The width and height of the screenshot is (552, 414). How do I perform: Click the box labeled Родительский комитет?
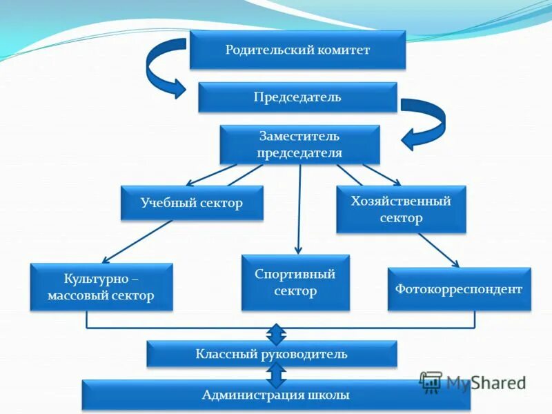297,50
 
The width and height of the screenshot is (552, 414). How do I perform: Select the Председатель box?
297,97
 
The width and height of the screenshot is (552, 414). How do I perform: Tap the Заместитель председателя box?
299,144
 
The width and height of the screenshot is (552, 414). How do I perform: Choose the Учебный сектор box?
192,203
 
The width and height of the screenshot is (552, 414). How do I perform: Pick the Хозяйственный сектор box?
401,209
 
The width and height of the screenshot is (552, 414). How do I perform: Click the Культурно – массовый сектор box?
101,287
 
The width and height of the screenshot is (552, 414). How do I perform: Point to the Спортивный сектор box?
295,282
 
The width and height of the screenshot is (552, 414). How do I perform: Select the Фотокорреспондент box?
459,288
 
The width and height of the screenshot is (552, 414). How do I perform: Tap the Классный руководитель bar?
272,354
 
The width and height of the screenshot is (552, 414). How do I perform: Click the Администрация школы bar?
276,395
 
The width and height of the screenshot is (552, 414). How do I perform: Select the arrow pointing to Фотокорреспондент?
438,250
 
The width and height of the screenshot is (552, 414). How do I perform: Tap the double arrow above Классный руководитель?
276,333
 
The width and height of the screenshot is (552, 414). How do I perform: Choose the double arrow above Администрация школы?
276,375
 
